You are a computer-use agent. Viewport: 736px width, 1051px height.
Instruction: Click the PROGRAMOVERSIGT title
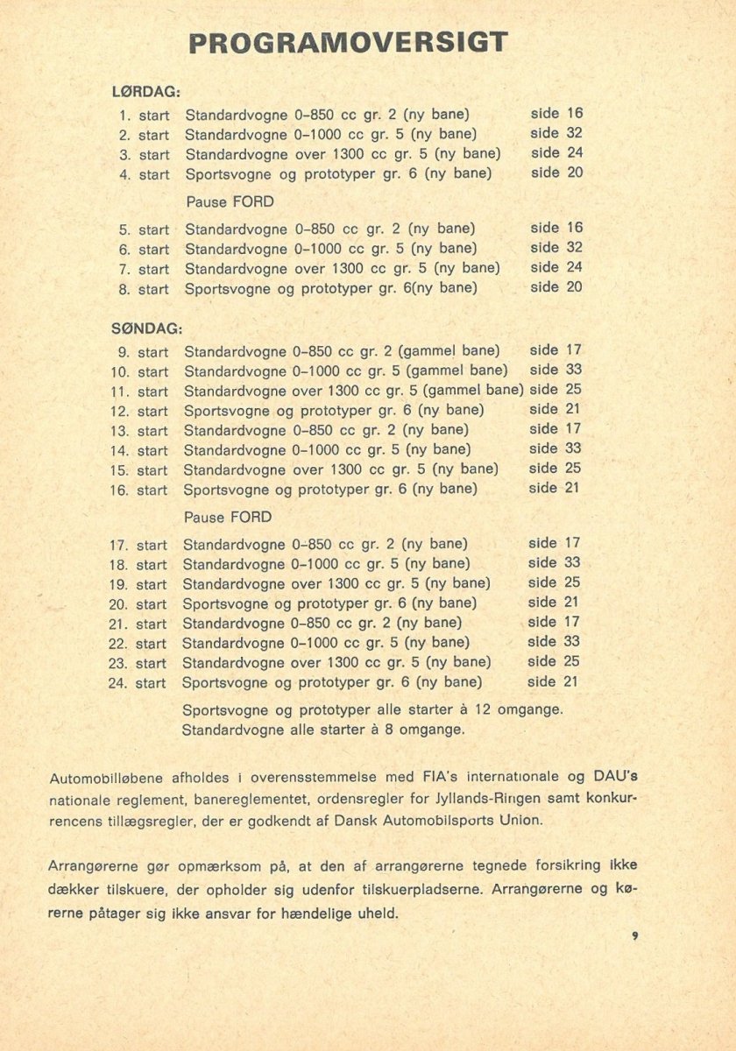click(x=349, y=43)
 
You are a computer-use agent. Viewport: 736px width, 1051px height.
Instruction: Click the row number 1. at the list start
click(x=125, y=115)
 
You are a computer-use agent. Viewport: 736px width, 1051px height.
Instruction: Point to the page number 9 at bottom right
click(x=633, y=936)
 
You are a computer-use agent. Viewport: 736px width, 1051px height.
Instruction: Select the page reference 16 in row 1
click(x=575, y=113)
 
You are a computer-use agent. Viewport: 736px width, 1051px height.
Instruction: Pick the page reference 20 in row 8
click(x=574, y=286)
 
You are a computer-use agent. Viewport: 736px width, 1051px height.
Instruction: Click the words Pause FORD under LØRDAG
click(x=230, y=201)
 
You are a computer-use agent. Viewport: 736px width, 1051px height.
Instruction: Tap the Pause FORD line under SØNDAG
click(x=228, y=517)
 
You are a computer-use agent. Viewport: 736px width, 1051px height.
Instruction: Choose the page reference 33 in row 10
click(x=573, y=370)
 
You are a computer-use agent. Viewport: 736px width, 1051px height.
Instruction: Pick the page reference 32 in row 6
click(x=574, y=247)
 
